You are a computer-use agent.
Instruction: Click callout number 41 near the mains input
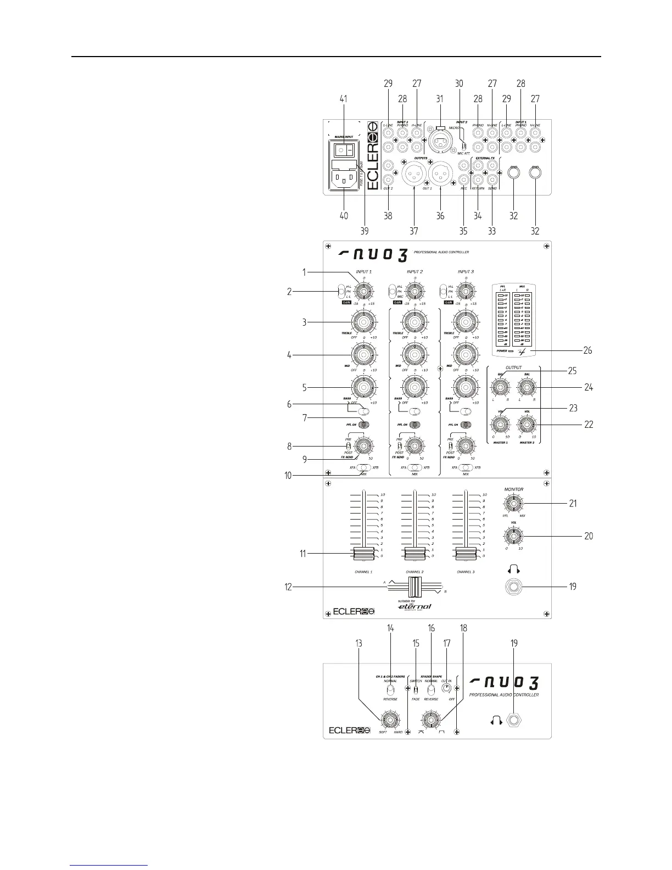(344, 99)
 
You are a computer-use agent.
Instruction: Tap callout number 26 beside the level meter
(587, 350)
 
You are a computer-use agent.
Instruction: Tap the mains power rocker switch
(344, 150)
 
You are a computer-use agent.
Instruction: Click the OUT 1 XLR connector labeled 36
(441, 176)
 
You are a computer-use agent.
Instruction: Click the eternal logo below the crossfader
(415, 606)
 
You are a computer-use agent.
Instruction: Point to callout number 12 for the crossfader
(288, 587)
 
